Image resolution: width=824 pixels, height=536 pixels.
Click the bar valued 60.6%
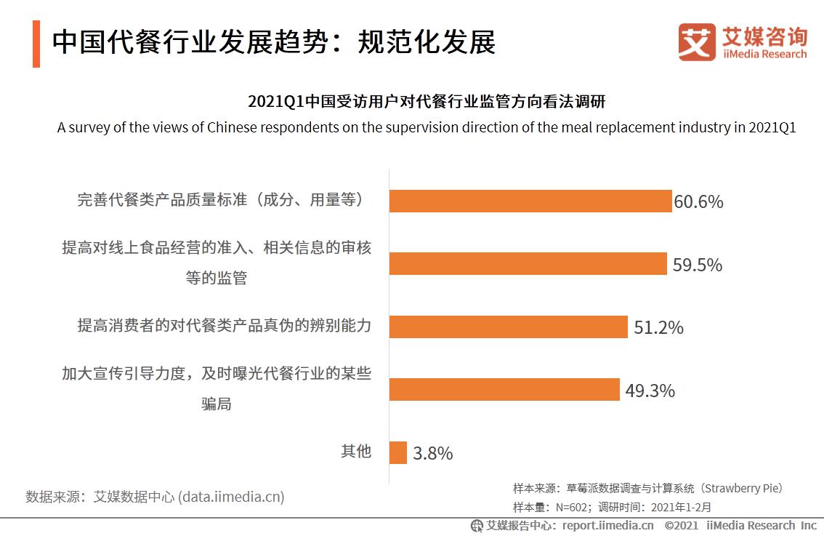pos(530,201)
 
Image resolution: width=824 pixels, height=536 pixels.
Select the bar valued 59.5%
pos(528,264)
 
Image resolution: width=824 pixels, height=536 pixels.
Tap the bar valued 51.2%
pos(508,327)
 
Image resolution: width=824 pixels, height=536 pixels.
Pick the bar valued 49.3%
pos(504,390)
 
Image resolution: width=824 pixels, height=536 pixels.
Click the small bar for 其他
pos(398,452)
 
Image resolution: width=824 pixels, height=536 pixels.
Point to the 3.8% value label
pos(433,454)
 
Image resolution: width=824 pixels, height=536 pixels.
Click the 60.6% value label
pos(699,202)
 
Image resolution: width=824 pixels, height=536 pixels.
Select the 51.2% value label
pos(658,328)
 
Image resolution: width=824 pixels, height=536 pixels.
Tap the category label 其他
pos(356,452)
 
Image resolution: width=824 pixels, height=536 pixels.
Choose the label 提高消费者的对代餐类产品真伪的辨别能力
pos(225,325)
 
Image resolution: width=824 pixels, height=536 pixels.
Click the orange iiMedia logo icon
pos(697,41)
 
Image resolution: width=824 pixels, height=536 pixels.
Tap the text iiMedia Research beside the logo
pos(764,55)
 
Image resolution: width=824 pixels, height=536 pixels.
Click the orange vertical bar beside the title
pos(36,44)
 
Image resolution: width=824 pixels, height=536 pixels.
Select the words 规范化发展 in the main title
pos(427,43)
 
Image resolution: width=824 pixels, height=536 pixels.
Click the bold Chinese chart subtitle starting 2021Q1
pos(427,101)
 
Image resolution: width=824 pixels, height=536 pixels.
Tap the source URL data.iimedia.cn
pos(232,497)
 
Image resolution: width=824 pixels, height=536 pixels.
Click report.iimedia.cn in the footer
pos(607,525)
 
